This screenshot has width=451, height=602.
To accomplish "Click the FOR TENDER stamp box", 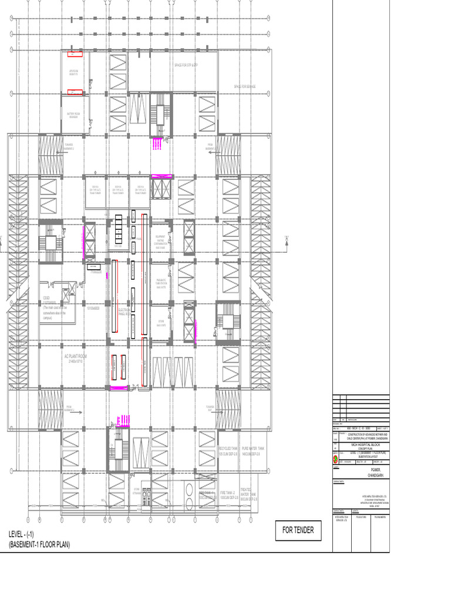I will tap(298, 530).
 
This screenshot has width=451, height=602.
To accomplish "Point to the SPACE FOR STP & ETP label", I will tap(187, 65).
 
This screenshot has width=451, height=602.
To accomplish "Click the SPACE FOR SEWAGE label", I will tap(245, 86).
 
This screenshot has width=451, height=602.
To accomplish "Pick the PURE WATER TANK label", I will tap(254, 451).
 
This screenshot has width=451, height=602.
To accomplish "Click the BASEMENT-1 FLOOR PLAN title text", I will tap(39, 545).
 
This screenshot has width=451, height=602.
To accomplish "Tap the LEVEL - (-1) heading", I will tap(21, 534).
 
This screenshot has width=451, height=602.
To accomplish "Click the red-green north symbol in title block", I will tap(335, 457).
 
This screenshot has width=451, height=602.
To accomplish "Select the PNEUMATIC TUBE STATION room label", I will tap(161, 282).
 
